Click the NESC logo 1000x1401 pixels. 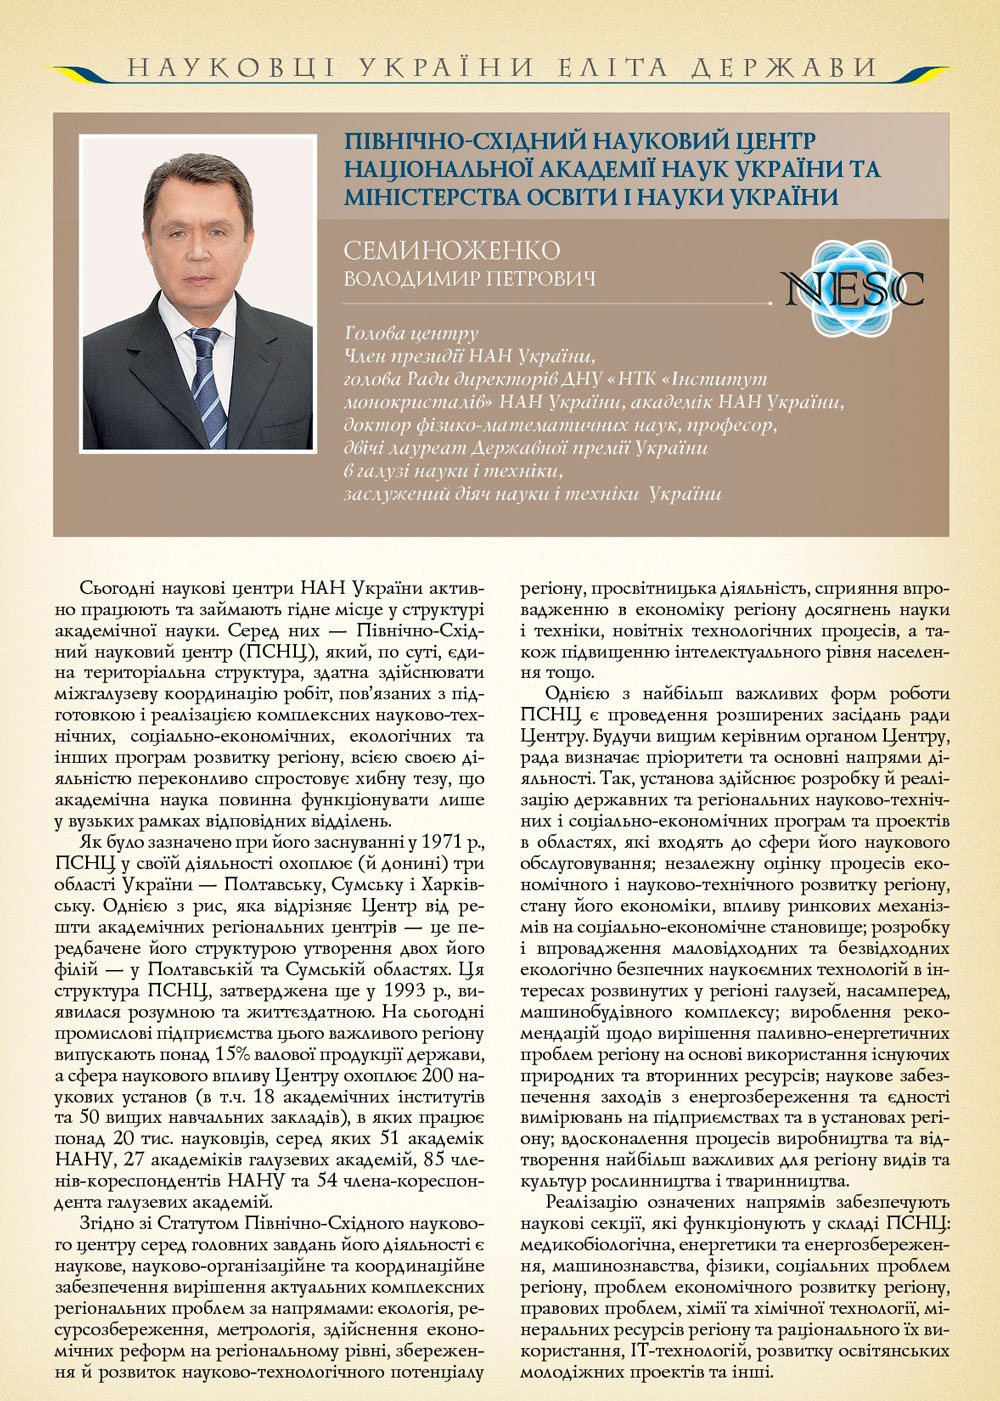click(x=853, y=288)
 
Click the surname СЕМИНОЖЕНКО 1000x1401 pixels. click(x=451, y=250)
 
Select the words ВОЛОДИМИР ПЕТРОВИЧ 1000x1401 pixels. click(x=469, y=278)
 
